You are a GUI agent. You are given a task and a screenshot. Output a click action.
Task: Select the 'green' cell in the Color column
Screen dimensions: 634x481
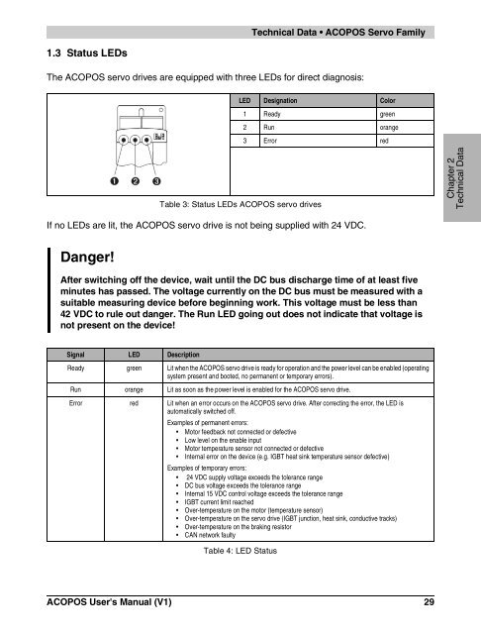point(386,114)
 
